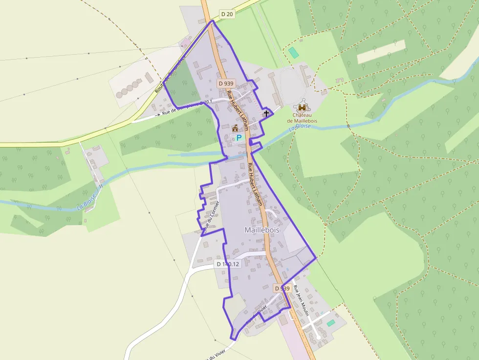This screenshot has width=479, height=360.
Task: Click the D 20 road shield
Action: click(228, 14)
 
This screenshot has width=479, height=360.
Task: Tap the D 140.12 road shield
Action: click(228, 264)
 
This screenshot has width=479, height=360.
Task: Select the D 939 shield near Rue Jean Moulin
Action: click(283, 288)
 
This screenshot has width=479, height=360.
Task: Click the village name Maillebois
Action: click(261, 230)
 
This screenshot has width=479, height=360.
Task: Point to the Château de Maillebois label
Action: click(303, 118)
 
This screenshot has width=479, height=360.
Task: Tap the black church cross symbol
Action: click(266, 113)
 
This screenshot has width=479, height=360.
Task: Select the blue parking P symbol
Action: click(239, 138)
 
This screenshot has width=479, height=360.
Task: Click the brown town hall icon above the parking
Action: click(235, 128)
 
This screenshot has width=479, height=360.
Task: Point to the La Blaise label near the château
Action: click(300, 127)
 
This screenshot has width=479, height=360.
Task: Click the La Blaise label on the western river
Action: click(87, 203)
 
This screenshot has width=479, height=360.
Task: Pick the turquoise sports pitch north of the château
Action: click(293, 52)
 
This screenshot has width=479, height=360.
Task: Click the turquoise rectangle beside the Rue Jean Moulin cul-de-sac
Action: click(331, 323)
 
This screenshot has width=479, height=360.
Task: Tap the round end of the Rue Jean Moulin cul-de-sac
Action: click(318, 337)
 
